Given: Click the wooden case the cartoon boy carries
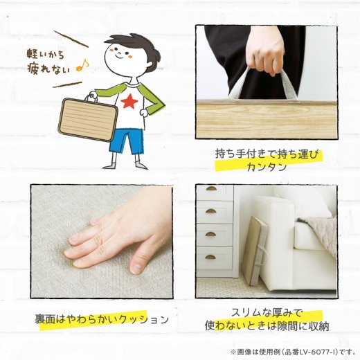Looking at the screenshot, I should tap(86, 118).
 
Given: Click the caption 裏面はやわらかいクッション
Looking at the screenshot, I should tap(102, 320).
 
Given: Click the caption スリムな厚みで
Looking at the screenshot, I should tap(266, 312).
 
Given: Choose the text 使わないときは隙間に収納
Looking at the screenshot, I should tap(267, 326).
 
